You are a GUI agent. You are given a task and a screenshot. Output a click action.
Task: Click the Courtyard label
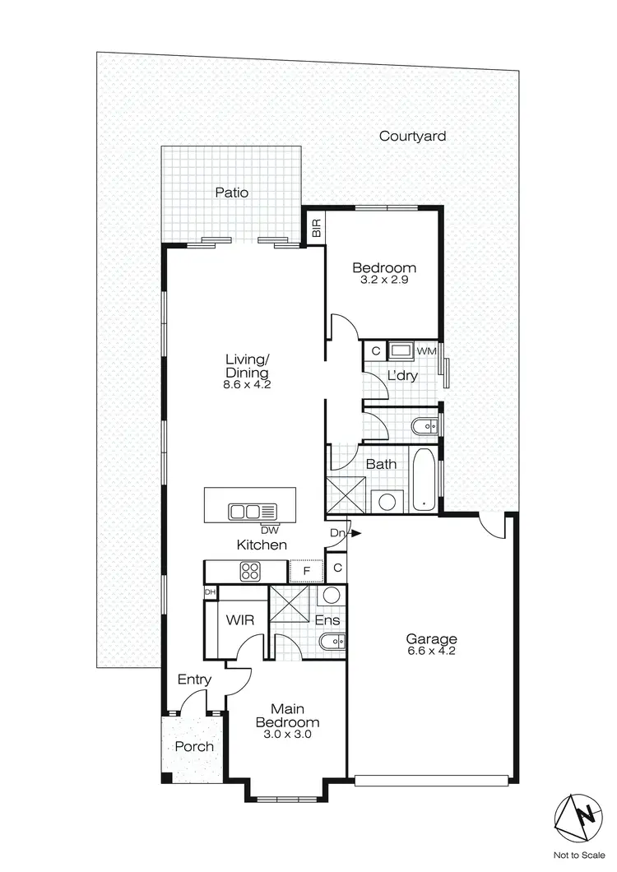(412, 136)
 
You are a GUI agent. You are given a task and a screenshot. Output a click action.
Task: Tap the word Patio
(231, 192)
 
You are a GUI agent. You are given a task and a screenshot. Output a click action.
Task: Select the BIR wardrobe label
(316, 226)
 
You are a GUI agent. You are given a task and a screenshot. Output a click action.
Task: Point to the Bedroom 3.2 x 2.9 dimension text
(384, 280)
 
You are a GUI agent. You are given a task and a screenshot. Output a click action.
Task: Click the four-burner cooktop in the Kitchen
(250, 570)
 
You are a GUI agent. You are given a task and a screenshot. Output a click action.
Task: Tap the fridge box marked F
(306, 570)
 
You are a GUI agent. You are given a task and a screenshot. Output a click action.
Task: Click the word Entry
(195, 680)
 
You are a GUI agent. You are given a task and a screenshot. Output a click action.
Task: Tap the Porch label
(194, 746)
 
